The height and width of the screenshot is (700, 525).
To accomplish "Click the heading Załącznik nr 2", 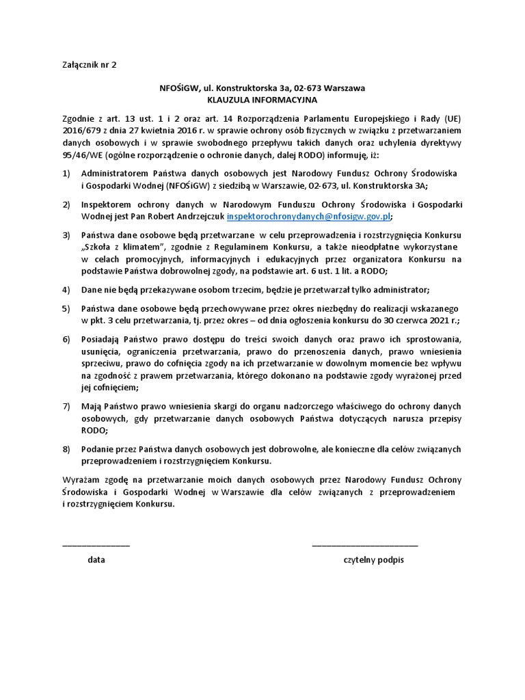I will point(90,66).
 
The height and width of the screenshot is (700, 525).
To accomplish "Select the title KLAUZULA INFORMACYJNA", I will point(262,99).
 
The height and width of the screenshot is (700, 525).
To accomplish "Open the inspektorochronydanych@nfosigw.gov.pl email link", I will point(309,216).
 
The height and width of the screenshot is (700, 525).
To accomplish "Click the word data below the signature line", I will point(96,559).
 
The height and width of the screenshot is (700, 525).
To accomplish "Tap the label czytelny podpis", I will point(374,559).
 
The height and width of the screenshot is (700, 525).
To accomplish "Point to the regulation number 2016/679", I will point(81,131).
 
